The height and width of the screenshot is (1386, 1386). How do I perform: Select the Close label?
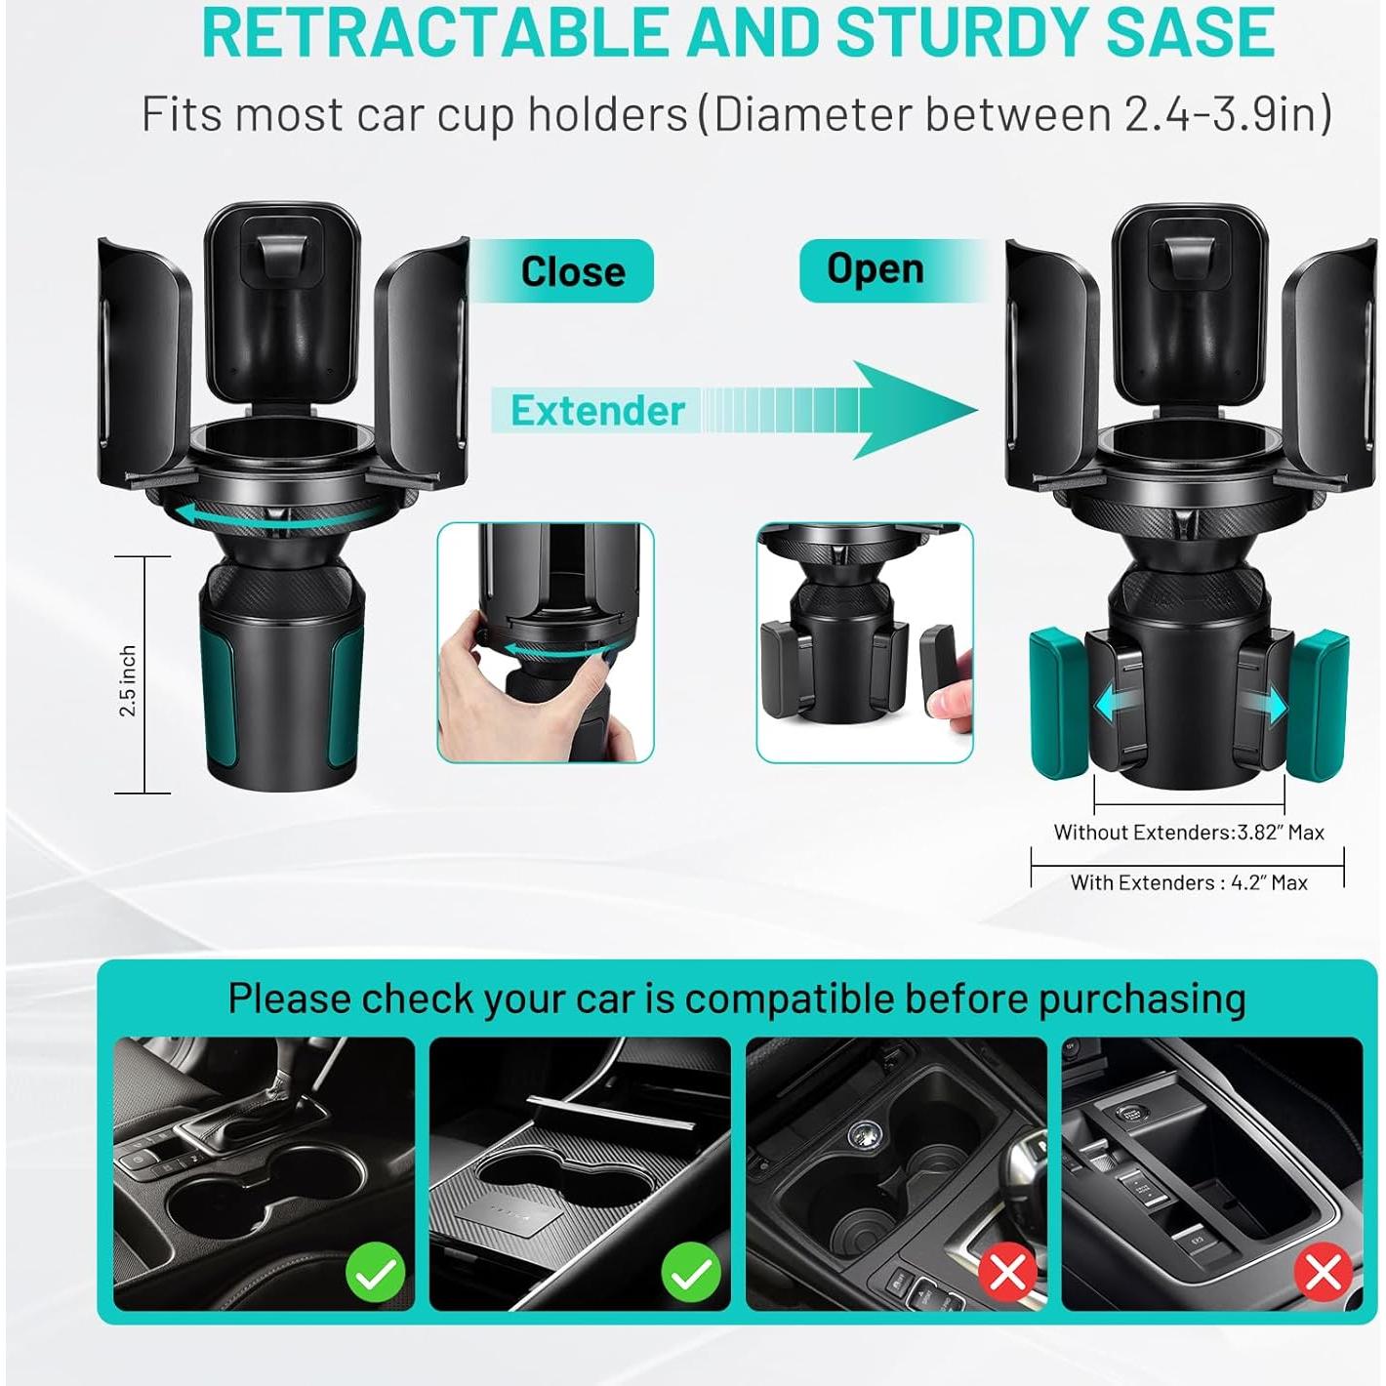pos(572,271)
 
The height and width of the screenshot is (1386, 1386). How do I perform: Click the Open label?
pos(875,268)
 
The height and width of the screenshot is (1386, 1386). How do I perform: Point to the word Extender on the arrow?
pos(597,411)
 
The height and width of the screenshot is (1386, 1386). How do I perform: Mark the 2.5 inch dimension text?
pos(128,680)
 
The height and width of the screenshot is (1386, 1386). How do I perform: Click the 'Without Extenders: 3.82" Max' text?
pos(1188,833)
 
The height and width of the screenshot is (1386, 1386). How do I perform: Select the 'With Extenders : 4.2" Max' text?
pos(1188,882)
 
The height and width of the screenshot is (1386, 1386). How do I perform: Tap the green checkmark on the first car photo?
pos(376,1273)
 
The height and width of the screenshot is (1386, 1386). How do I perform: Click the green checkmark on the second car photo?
pos(691,1273)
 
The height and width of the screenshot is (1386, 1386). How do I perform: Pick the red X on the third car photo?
pos(1008,1273)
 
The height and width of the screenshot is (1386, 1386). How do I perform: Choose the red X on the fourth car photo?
pos(1324,1273)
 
